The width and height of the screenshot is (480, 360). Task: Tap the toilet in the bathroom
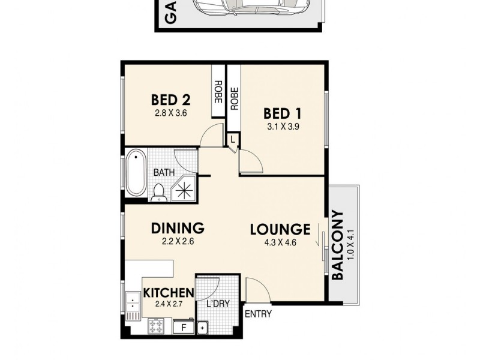pyautogui.click(x=159, y=191)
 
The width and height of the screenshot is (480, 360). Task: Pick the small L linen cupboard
pyautogui.click(x=233, y=139)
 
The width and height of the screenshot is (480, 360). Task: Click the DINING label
pyautogui.click(x=178, y=229)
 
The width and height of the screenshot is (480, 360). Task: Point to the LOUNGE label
pyautogui.click(x=280, y=229)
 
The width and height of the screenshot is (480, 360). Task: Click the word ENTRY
pyautogui.click(x=258, y=314)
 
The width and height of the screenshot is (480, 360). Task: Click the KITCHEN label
pyautogui.click(x=168, y=293)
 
